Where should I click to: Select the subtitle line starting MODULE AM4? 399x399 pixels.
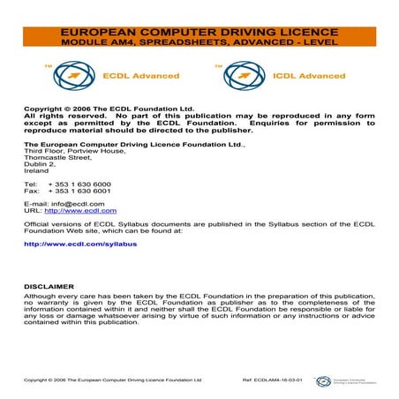(x=199, y=41)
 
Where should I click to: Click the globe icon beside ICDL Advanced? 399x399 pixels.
(x=239, y=76)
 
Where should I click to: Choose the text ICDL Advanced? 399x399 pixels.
(x=295, y=76)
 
